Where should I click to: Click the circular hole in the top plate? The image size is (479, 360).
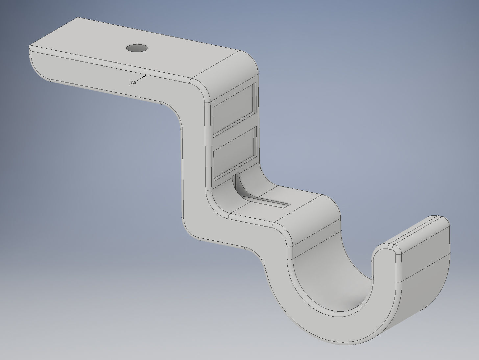pyautogui.click(x=137, y=48)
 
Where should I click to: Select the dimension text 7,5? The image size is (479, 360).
pyautogui.click(x=133, y=83)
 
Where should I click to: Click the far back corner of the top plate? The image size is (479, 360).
pyautogui.click(x=78, y=18)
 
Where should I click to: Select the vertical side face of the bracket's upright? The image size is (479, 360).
pyautogui.click(x=194, y=164)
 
